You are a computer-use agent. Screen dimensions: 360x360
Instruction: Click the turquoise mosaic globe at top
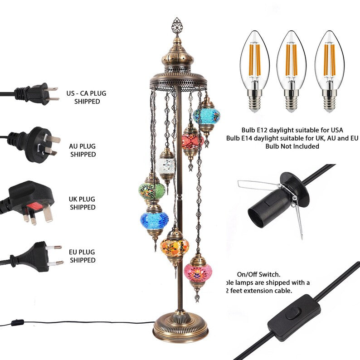click(x=206, y=117)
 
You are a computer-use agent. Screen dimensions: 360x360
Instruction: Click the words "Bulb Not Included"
click(x=292, y=146)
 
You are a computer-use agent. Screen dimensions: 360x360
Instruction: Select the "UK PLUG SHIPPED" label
click(x=83, y=203)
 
